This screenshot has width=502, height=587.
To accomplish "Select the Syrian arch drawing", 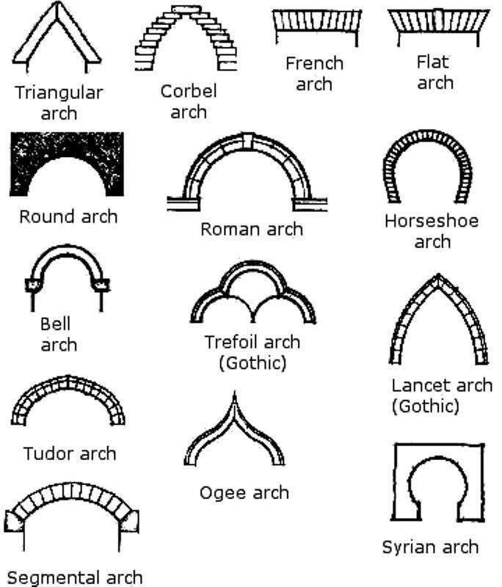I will [x=438, y=488].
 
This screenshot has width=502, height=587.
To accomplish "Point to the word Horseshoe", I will [x=432, y=221].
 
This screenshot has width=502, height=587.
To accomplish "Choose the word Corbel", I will [x=189, y=92].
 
